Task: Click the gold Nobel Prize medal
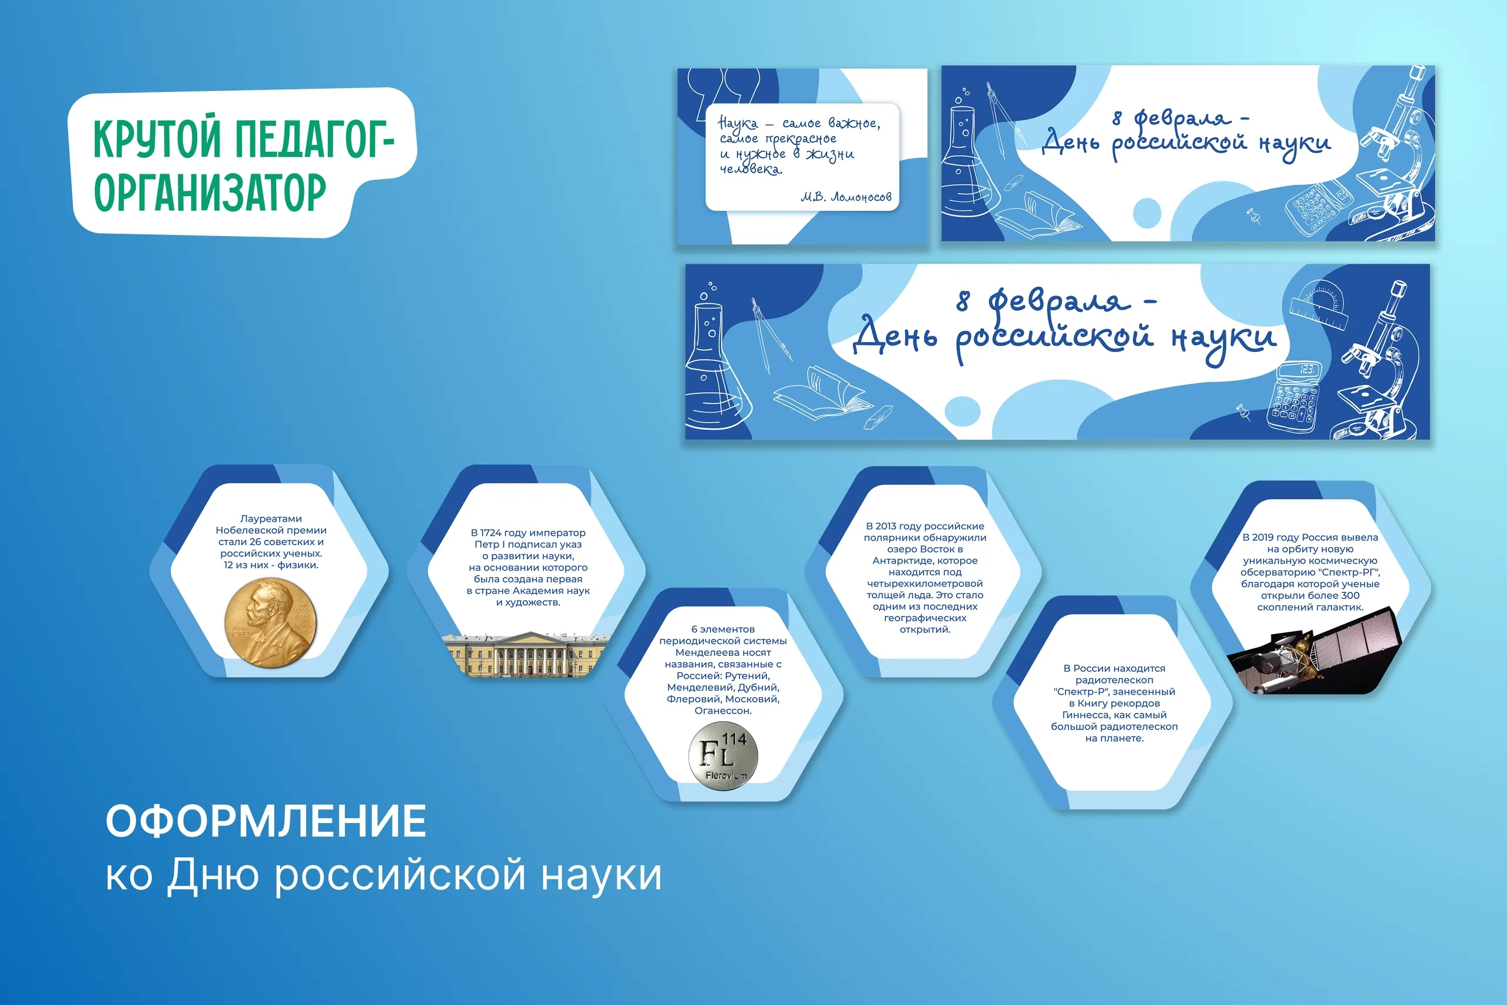point(270,622)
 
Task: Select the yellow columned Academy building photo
point(527,654)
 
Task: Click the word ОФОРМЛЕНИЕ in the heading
point(266,821)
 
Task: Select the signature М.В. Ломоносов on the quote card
point(846,197)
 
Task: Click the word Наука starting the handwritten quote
point(738,122)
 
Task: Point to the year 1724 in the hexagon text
point(491,533)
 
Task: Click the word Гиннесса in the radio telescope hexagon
point(1082,715)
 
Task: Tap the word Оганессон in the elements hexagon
point(723,710)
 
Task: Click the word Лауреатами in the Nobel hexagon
point(271,519)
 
